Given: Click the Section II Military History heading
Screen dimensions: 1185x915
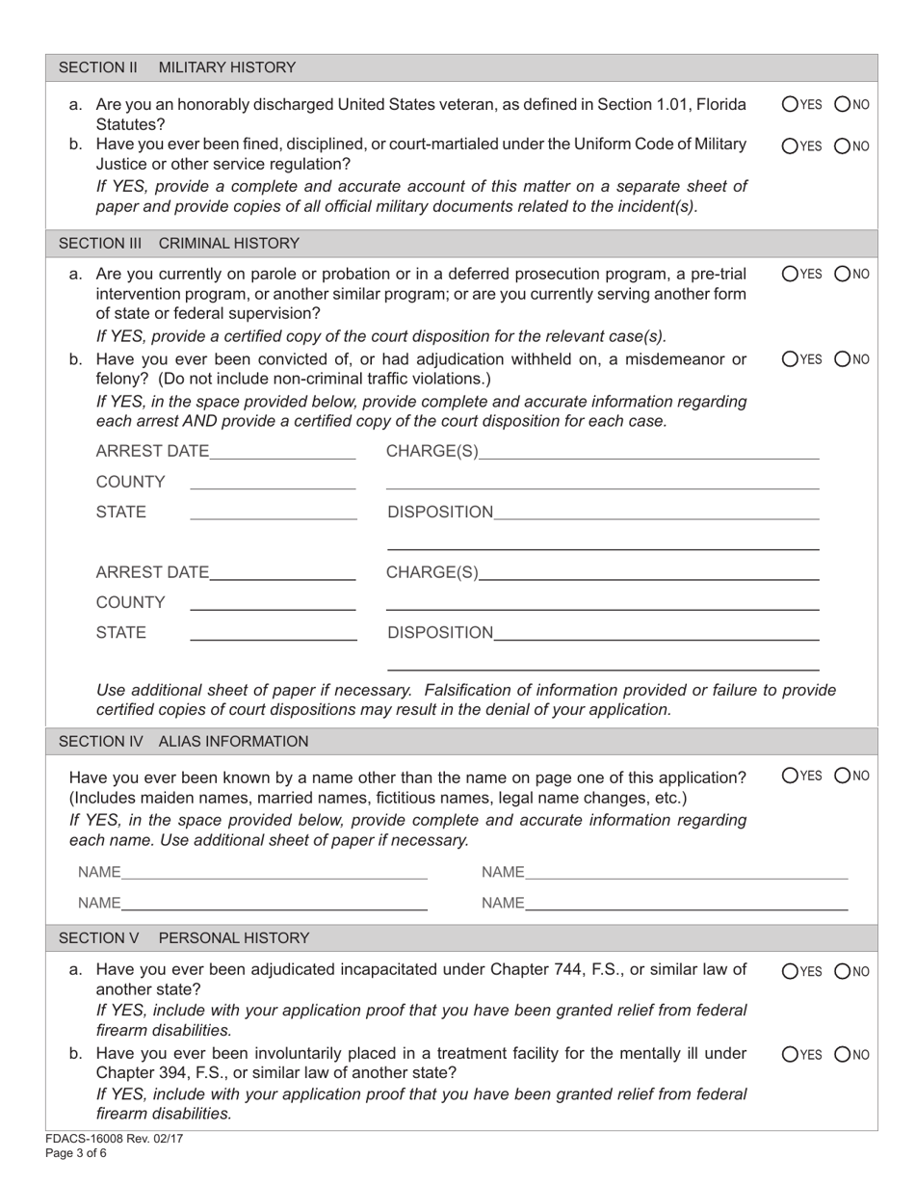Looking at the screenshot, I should click(177, 67).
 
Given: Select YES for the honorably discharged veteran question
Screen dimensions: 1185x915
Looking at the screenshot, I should click(790, 105).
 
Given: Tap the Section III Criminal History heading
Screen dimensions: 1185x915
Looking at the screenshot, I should click(179, 243).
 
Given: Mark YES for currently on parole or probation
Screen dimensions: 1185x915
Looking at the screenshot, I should click(790, 274).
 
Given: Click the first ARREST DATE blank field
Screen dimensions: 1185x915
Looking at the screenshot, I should click(281, 451).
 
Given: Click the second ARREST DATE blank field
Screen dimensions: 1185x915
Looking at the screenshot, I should click(281, 572).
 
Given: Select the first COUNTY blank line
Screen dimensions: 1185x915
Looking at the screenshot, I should click(273, 482).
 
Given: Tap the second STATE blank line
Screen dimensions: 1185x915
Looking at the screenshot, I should click(273, 633).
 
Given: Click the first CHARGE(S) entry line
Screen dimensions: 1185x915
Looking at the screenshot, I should click(648, 451).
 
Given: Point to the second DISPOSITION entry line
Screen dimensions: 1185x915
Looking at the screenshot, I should click(655, 633).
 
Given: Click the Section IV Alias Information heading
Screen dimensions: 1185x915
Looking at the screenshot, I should click(184, 741).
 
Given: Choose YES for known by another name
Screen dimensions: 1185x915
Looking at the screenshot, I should click(790, 775).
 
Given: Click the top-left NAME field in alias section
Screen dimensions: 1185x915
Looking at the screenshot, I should click(274, 872).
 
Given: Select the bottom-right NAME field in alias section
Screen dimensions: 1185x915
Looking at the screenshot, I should click(686, 903).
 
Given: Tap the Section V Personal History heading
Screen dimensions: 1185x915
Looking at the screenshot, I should click(184, 937).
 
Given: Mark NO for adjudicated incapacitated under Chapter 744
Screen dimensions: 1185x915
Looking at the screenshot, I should click(842, 971).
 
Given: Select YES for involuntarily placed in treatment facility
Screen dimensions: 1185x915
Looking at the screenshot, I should click(790, 1055).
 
